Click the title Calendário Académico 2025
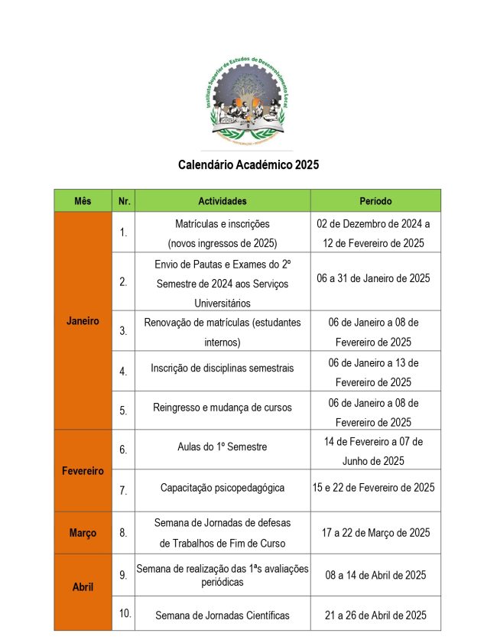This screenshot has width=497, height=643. pos(248,164)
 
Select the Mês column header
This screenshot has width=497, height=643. pos(83,201)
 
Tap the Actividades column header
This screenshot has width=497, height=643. pos(222,201)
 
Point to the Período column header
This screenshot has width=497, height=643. pos(375,201)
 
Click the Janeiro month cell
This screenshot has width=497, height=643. pos(83,321)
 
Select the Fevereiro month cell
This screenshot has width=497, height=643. pos(83,471)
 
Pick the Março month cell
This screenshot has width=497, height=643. pos(83,533)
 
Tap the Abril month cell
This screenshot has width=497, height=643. pos(83,587)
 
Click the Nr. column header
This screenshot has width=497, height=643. pos(123,201)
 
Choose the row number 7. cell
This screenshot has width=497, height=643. pos(123,490)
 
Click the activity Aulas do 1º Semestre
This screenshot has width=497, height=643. pos(222,447)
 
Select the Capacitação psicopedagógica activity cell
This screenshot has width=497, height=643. pos(222,487)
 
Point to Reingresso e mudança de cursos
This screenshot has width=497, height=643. pos(222,408)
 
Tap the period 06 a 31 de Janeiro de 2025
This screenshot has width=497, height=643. pos(375,278)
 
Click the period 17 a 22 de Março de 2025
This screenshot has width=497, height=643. pos(375,533)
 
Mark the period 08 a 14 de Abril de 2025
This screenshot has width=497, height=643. pos(375,575)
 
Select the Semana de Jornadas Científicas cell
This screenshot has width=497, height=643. pos(222,615)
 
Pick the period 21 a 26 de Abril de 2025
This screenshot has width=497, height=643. pos(375,615)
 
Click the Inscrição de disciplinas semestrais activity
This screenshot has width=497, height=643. pos(222,368)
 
